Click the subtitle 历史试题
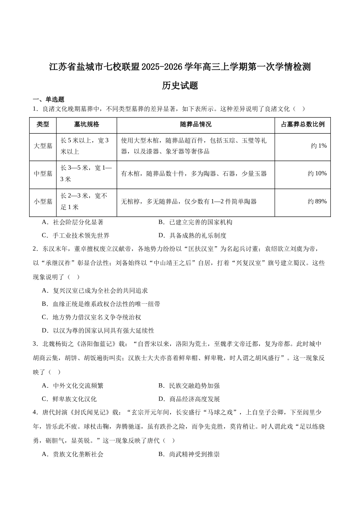coord(180,86)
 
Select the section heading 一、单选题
coord(49,99)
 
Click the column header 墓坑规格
coord(86,125)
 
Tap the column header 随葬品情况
coord(196,125)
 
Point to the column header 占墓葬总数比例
coord(302,125)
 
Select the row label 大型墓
coord(43,146)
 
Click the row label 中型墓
coord(43,173)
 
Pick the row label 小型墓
coord(43,201)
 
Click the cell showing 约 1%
coord(319,146)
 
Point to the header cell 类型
coord(43,125)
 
